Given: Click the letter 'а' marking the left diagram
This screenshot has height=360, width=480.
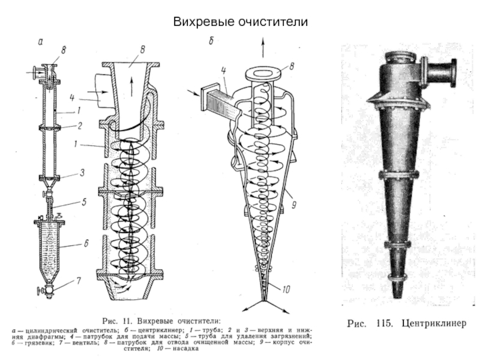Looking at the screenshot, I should point(40,41).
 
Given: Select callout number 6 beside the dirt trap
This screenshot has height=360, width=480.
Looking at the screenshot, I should point(86,243).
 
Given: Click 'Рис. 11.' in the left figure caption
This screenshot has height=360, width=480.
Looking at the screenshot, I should point(118,319).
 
